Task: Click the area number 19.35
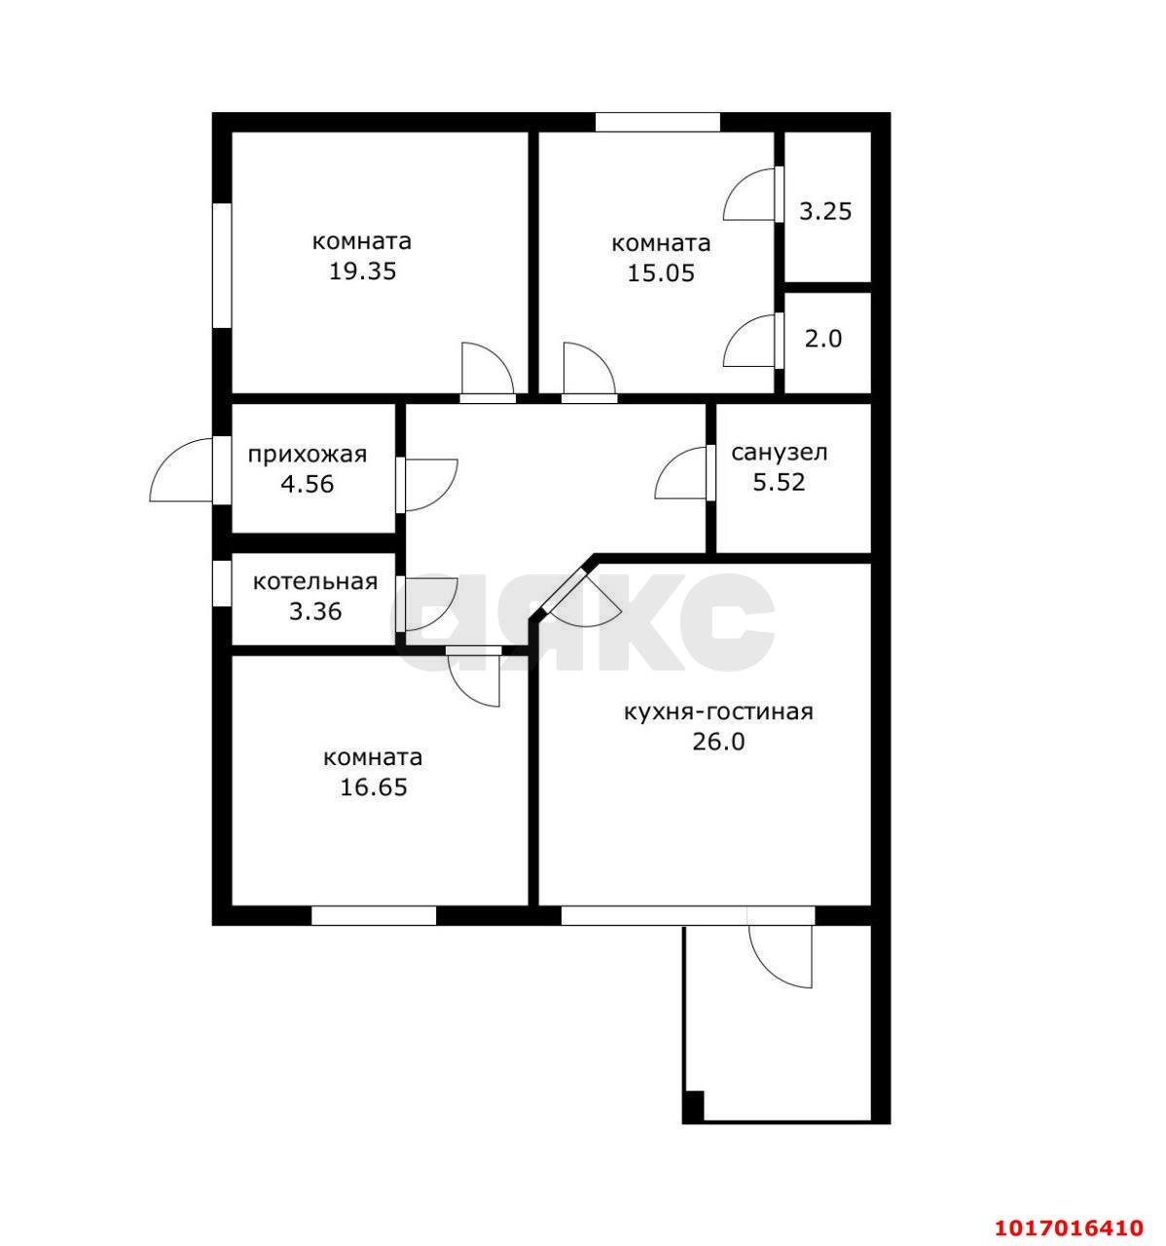tap(363, 272)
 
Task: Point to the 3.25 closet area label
tap(825, 211)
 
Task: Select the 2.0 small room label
tap(822, 340)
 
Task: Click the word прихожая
tap(308, 455)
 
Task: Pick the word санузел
tap(780, 452)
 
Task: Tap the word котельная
tap(315, 582)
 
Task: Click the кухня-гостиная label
tap(718, 713)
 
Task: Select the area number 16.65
tap(374, 787)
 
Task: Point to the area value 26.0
tap(718, 742)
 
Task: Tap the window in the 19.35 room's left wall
tap(222, 265)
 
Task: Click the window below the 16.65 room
tap(374, 915)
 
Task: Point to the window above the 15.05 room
tap(657, 122)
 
